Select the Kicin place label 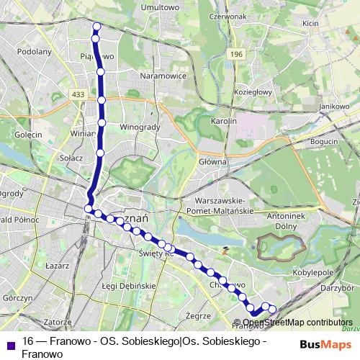[310, 23]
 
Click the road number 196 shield [238, 54]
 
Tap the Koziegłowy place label [253, 91]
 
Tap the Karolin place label [224, 122]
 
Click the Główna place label [214, 162]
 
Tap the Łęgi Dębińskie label [130, 286]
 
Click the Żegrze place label [197, 315]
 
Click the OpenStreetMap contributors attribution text [297, 323]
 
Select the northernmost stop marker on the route [96, 27]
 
